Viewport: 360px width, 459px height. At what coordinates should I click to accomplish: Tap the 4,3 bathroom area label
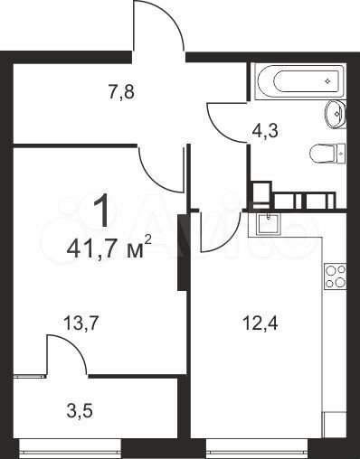click(263, 131)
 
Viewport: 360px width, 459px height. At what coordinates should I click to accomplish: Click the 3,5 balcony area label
click(81, 413)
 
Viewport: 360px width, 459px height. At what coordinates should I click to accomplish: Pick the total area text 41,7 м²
click(109, 248)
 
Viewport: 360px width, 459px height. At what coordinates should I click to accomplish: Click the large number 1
click(105, 210)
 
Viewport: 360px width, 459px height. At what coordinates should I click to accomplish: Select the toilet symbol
click(328, 153)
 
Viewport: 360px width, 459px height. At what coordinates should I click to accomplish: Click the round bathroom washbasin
click(334, 113)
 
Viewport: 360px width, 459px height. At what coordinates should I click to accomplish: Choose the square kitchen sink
click(267, 221)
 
